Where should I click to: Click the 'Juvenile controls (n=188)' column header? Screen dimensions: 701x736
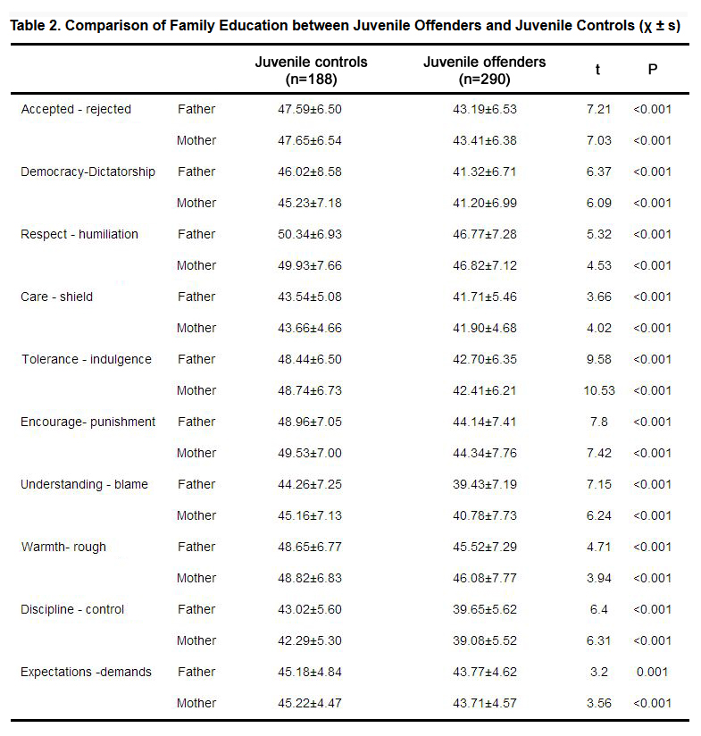(311, 71)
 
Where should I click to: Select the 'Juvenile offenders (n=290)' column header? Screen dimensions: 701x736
(484, 71)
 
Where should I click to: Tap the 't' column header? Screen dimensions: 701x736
(597, 70)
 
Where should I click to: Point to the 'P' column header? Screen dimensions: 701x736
(652, 70)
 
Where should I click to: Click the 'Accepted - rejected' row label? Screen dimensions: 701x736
(76, 109)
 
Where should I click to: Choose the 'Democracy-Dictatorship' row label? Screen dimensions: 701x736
(88, 171)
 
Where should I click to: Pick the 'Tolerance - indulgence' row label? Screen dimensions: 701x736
(87, 360)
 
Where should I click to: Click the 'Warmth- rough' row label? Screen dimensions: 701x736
(63, 547)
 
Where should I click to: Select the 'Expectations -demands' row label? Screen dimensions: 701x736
(86, 673)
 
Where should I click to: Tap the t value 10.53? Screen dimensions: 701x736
(598, 390)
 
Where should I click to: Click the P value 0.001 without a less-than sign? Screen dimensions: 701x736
(652, 673)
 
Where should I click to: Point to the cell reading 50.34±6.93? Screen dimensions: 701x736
(310, 234)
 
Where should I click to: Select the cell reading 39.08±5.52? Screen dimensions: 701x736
(485, 640)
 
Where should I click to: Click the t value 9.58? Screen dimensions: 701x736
(598, 360)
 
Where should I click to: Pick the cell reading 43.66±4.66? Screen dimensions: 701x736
(310, 328)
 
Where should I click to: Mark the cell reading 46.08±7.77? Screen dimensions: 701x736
(485, 578)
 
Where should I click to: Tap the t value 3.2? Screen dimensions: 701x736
(598, 673)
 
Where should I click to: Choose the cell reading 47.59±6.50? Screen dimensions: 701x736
(310, 109)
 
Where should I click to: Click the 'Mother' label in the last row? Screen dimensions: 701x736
(196, 703)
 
